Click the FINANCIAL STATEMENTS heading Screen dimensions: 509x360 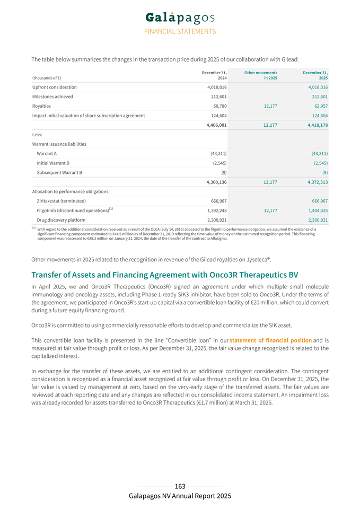pyautogui.click(x=180, y=31)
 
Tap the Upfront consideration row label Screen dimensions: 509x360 pyautogui.click(x=55, y=87)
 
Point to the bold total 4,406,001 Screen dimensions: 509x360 pyautogui.click(x=216, y=125)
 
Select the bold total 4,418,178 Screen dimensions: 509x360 pyautogui.click(x=316, y=125)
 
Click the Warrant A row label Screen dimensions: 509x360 pyautogui.click(x=47, y=154)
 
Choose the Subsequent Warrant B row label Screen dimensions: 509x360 pyautogui.click(x=59, y=173)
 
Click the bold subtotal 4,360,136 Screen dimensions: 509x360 pyautogui.click(x=216, y=182)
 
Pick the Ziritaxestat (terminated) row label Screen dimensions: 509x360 pyautogui.click(x=62, y=201)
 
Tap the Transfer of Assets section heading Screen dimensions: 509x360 pyautogui.click(x=164, y=275)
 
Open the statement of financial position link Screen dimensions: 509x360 pyautogui.click(x=270, y=340)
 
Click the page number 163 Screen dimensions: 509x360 pyautogui.click(x=180, y=486)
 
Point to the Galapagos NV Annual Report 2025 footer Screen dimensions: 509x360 pyautogui.click(x=180, y=496)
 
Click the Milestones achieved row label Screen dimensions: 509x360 pyautogui.click(x=52, y=96)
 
